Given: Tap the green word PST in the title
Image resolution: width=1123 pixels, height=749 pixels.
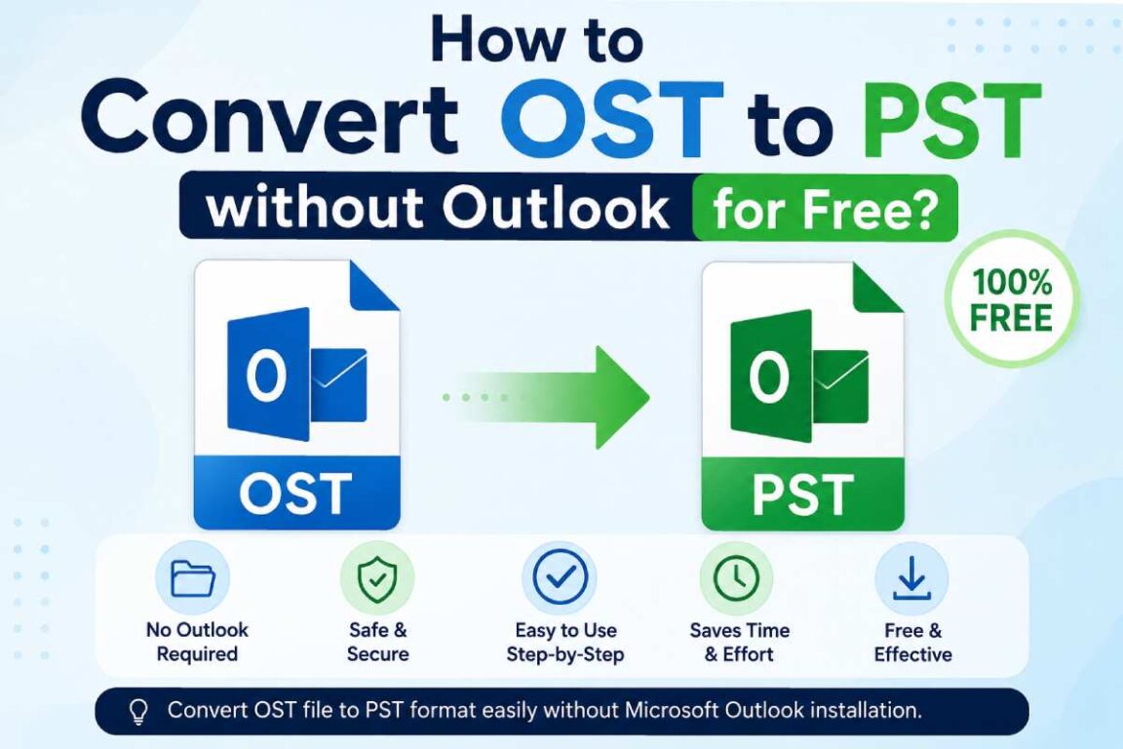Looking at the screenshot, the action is tap(951, 120).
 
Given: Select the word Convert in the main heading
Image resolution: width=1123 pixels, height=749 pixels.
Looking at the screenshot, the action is tap(270, 118).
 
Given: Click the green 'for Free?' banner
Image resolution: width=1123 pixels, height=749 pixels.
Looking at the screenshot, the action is tap(825, 208).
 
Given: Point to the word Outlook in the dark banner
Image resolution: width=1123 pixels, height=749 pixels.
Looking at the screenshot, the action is tap(555, 208).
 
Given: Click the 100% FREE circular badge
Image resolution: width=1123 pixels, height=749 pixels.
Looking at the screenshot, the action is tap(1011, 298).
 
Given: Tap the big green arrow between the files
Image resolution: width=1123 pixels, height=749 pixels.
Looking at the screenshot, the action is tap(548, 397).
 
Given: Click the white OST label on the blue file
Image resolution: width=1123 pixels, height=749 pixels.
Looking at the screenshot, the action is tap(295, 493).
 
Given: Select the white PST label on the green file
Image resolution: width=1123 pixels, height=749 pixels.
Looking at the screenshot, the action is tap(803, 493).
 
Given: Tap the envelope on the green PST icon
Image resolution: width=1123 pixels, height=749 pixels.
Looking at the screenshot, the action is tap(840, 386).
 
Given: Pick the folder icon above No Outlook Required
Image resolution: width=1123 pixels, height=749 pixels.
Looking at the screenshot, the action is tap(193, 577).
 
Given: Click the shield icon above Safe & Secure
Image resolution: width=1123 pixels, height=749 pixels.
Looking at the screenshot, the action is tap(377, 577).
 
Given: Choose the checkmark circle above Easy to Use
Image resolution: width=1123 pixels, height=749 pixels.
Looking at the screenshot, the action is tap(561, 577).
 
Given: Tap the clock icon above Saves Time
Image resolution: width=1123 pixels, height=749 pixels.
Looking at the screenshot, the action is tap(737, 577).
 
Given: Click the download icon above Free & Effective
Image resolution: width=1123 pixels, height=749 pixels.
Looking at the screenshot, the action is tap(911, 578).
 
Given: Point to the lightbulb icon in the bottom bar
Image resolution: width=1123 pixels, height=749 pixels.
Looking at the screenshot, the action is tap(138, 712).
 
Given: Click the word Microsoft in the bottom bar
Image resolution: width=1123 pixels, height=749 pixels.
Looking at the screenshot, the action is tap(672, 710).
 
